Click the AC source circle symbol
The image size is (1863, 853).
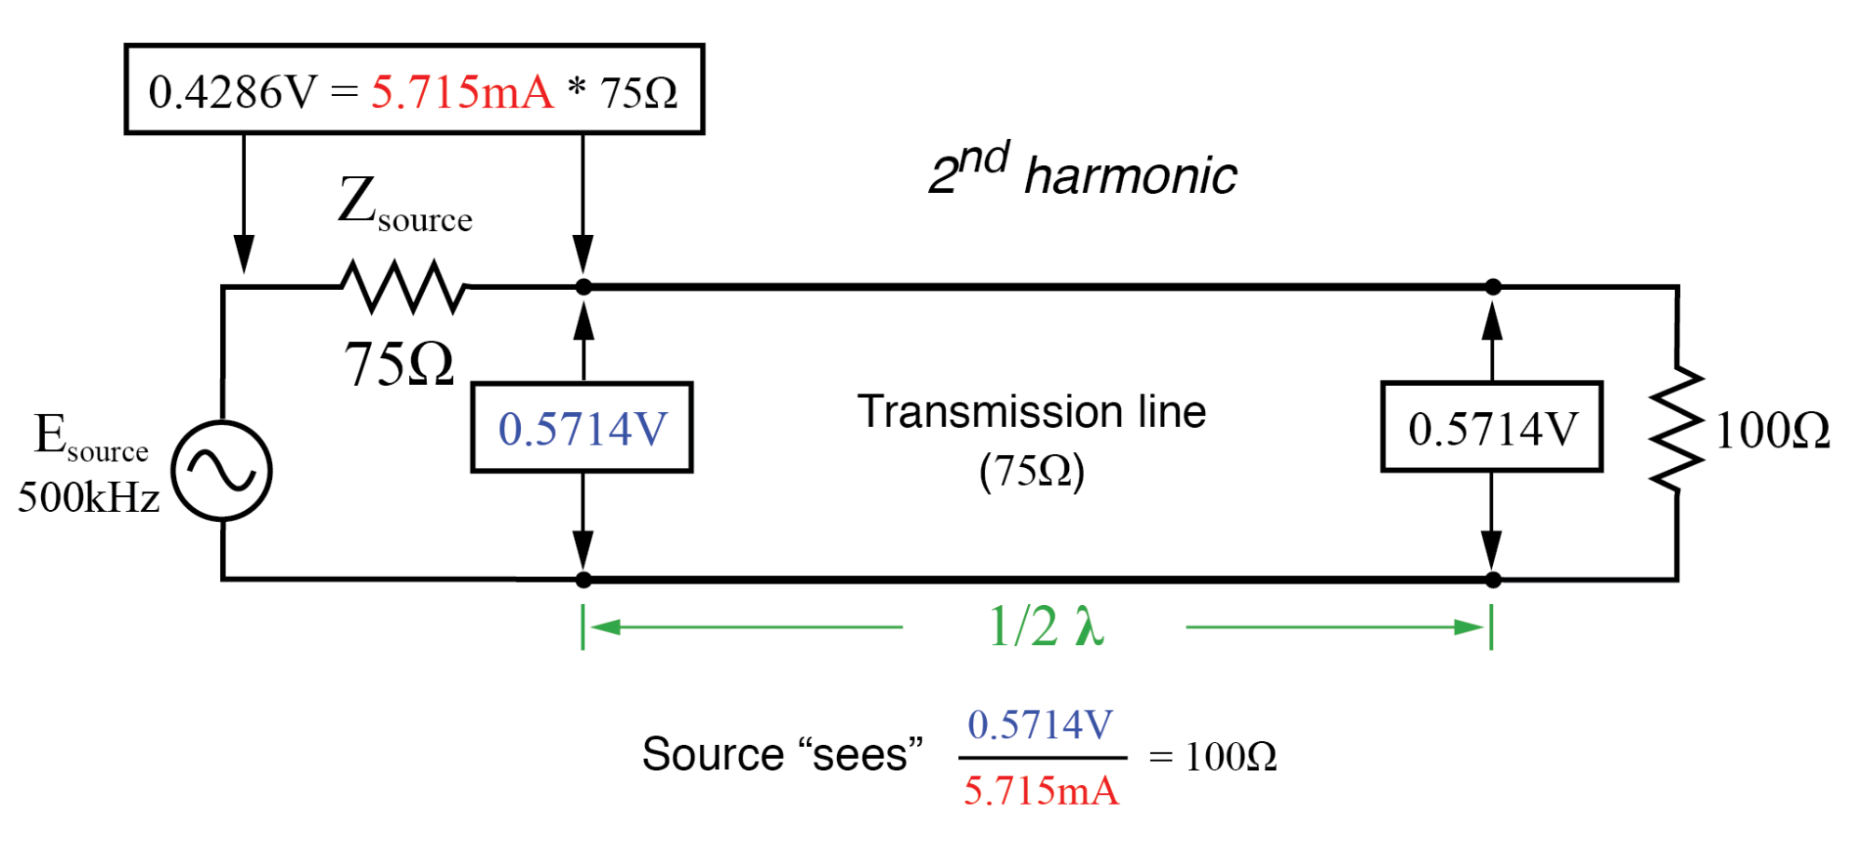click(x=222, y=470)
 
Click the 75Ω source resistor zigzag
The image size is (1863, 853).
click(x=404, y=286)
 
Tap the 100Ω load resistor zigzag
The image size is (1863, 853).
click(x=1677, y=429)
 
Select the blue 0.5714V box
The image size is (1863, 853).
click(x=582, y=428)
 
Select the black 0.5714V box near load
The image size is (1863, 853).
click(x=1491, y=427)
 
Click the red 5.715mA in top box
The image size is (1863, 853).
click(x=462, y=91)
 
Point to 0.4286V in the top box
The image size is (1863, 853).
click(x=233, y=91)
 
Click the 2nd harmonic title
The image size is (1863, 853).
click(x=1083, y=172)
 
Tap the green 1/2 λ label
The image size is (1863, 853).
click(x=1046, y=626)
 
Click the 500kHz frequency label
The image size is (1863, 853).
click(x=89, y=498)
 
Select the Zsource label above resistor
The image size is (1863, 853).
click(x=404, y=204)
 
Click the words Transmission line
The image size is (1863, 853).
click(x=1032, y=411)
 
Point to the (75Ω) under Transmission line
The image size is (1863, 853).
click(x=1032, y=471)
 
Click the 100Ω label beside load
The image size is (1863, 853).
click(x=1773, y=431)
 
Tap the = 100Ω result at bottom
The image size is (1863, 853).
click(x=1212, y=756)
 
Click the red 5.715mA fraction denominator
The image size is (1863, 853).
click(x=1041, y=791)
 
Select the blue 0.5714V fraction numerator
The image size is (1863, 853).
click(x=1041, y=724)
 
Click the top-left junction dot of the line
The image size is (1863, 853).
click(x=583, y=287)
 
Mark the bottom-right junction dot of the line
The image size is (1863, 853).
click(x=1493, y=580)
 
